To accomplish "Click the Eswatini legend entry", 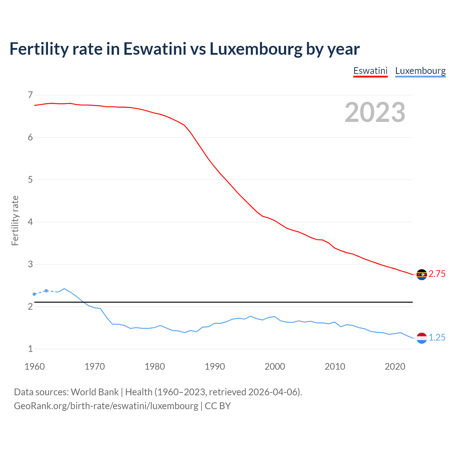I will pyautogui.click(x=370, y=71).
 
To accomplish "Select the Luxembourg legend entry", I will pyautogui.click(x=420, y=71).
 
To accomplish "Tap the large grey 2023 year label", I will pyautogui.click(x=375, y=112).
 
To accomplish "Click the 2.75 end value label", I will pyautogui.click(x=437, y=274).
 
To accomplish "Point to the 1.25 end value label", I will pyautogui.click(x=437, y=338).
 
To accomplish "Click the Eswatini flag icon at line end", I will pyautogui.click(x=422, y=274).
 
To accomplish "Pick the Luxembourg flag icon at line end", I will pyautogui.click(x=422, y=338).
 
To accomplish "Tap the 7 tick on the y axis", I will pyautogui.click(x=30, y=95).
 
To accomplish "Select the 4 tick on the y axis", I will pyautogui.click(x=30, y=222).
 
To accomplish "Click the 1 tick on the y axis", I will pyautogui.click(x=30, y=349).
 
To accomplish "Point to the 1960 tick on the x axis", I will pyautogui.click(x=34, y=366).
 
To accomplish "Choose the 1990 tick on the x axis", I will pyautogui.click(x=215, y=366).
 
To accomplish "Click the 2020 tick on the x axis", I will pyautogui.click(x=395, y=366).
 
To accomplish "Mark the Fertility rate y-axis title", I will pyautogui.click(x=15, y=220).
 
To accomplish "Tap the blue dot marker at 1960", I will pyautogui.click(x=34, y=294).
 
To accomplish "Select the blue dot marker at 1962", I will pyautogui.click(x=46, y=291).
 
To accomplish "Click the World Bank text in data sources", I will pyautogui.click(x=95, y=392).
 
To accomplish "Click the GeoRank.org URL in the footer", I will pyautogui.click(x=106, y=406).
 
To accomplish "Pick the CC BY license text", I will pyautogui.click(x=218, y=406).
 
